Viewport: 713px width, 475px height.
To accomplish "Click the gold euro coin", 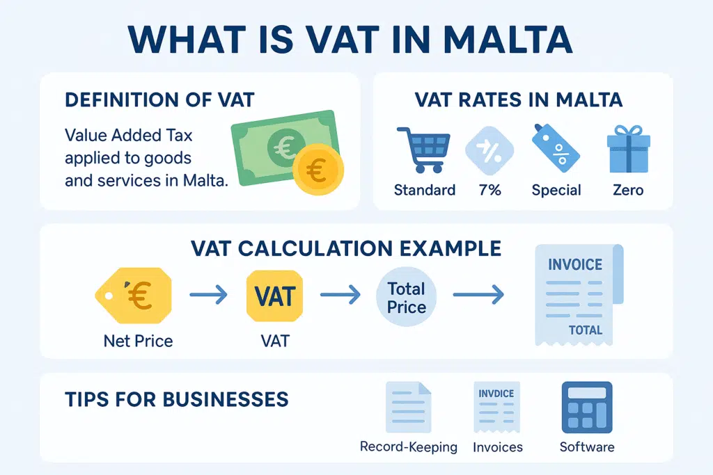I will click(x=316, y=172).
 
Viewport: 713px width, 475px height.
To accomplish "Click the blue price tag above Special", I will click(x=555, y=148).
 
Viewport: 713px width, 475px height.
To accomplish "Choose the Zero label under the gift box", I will click(x=627, y=190).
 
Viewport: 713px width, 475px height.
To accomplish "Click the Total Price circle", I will click(x=407, y=297).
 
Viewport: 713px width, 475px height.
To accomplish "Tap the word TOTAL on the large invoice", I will click(x=586, y=330).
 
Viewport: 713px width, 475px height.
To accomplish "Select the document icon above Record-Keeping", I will click(x=408, y=408).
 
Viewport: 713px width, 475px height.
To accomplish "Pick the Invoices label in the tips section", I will click(x=498, y=446).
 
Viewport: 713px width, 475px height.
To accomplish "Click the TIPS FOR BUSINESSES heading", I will click(x=176, y=399).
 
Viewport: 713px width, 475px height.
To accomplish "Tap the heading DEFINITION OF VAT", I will click(x=159, y=100).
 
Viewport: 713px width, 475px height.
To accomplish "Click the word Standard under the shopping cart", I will click(x=424, y=190).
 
